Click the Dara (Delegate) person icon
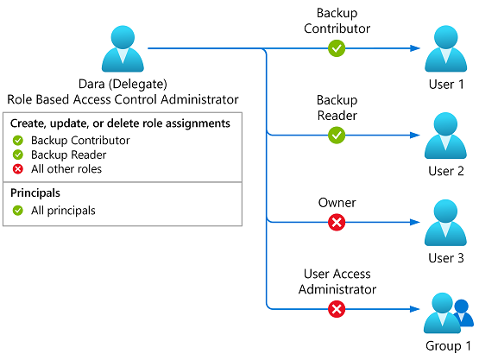[x=123, y=49]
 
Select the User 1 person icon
[x=445, y=49]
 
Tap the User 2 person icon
[x=445, y=136]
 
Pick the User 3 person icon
[x=445, y=223]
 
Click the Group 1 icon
[x=448, y=313]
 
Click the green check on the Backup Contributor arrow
[x=337, y=48]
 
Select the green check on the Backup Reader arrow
[x=337, y=135]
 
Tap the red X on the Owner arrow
[x=337, y=222]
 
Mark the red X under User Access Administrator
[x=337, y=309]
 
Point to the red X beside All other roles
[x=18, y=169]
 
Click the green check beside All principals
[x=18, y=211]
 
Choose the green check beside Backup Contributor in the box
[x=18, y=141]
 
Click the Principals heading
[x=35, y=193]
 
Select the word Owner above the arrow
[x=337, y=203]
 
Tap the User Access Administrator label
[x=337, y=281]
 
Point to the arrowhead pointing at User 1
[x=415, y=48]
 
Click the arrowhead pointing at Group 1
[x=415, y=309]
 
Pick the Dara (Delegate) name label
[x=123, y=84]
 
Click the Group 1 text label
[x=448, y=346]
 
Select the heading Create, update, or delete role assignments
[x=120, y=123]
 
